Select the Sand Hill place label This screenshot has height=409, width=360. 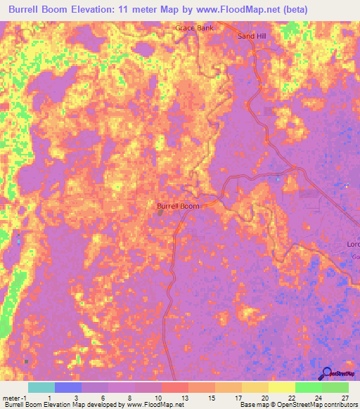point(251,36)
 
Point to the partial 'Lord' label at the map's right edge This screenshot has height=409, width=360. point(352,245)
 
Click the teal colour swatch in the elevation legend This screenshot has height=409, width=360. point(41,387)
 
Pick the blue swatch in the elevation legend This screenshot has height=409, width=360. point(68,387)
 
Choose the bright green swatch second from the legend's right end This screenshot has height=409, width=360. point(308,387)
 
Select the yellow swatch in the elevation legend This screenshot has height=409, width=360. point(281,387)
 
